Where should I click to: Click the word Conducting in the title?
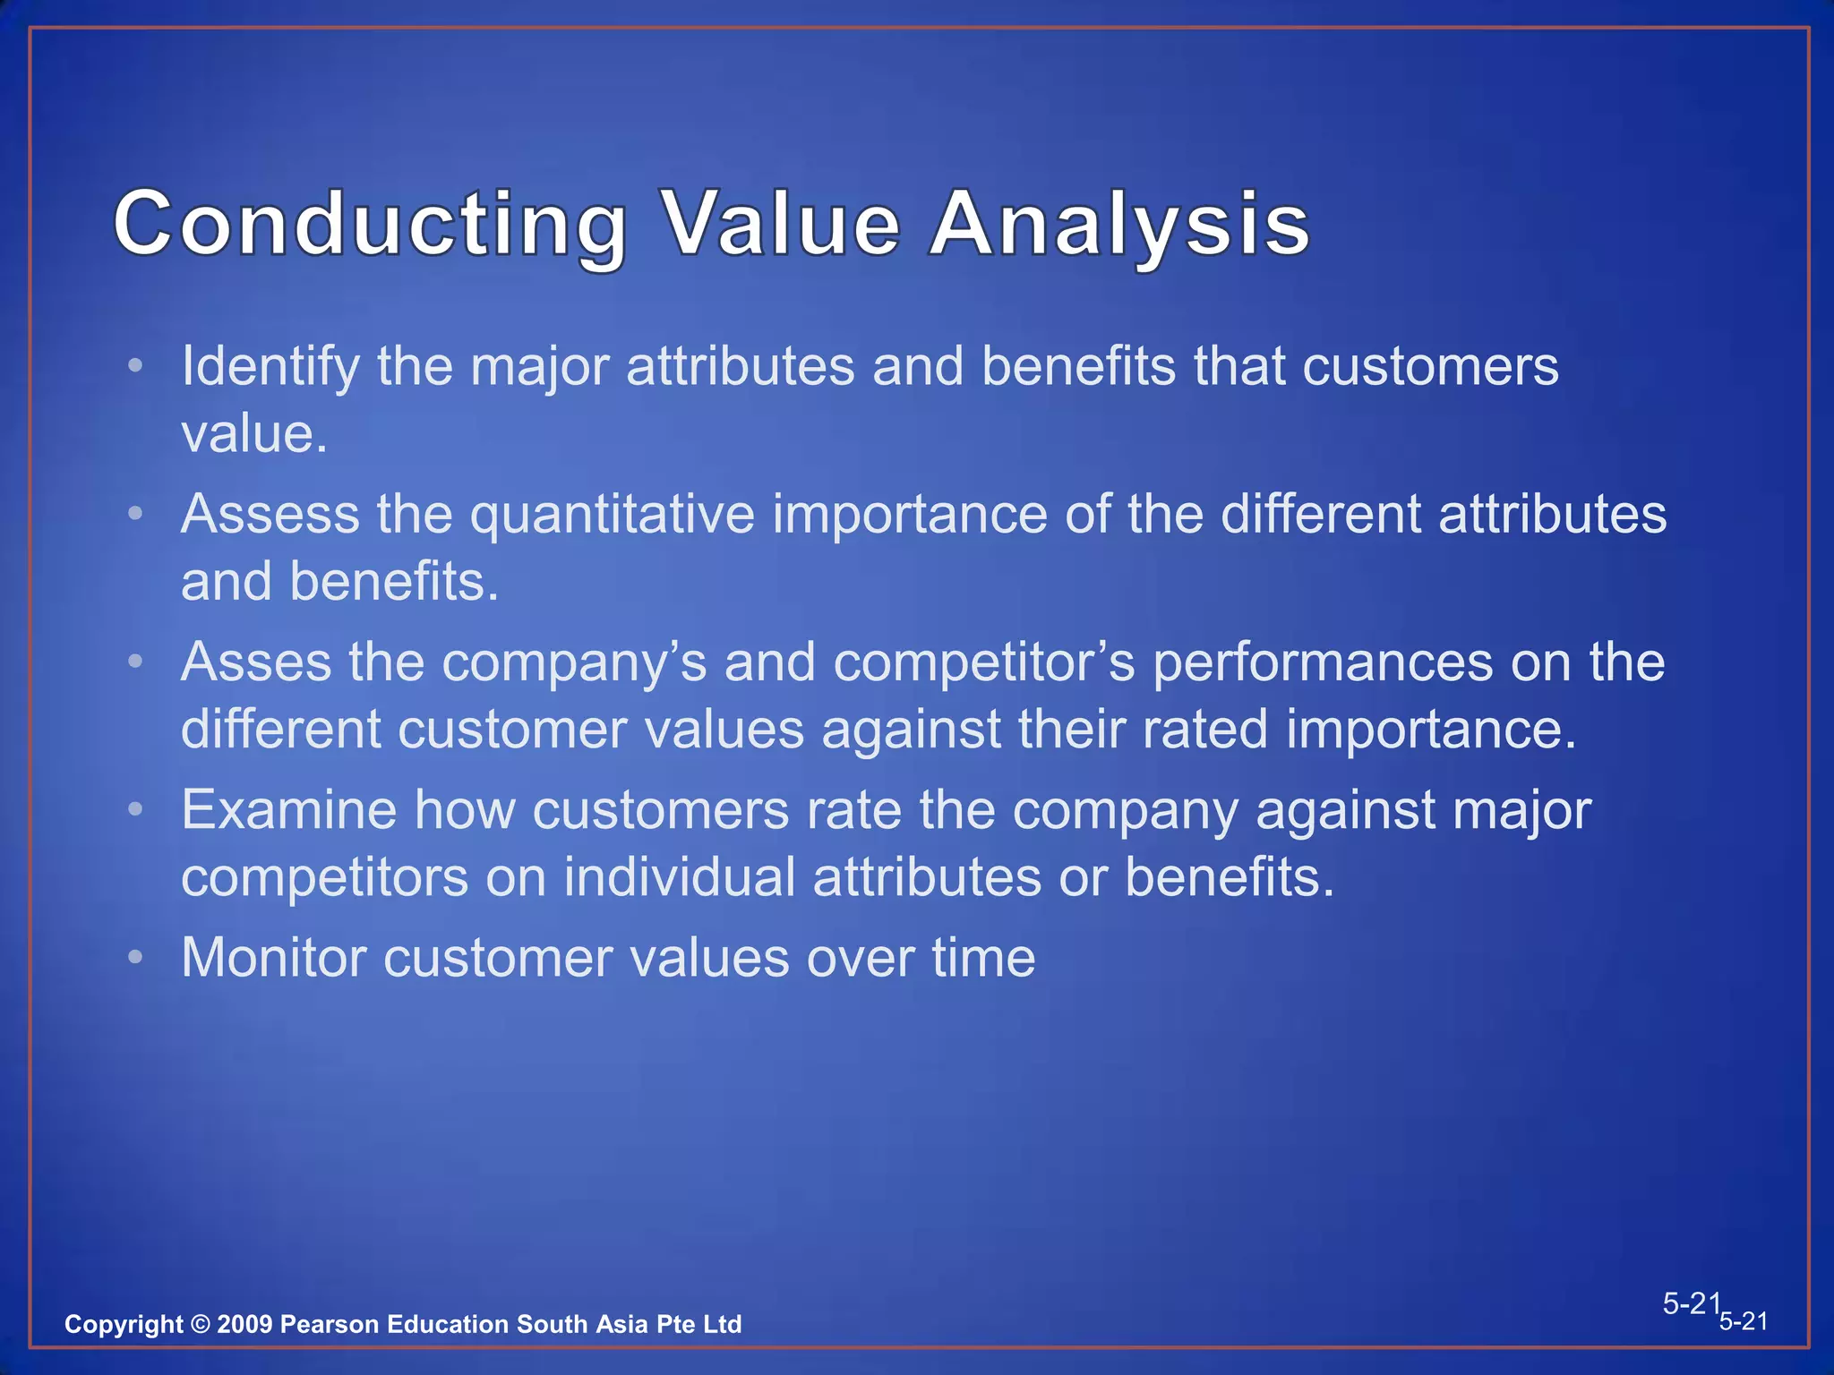pyautogui.click(x=370, y=225)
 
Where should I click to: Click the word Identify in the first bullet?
pyautogui.click(x=270, y=367)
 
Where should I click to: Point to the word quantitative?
pyautogui.click(x=613, y=517)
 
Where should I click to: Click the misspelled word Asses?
pyautogui.click(x=256, y=662)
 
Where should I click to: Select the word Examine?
pyautogui.click(x=288, y=810)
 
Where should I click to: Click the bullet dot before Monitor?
pyautogui.click(x=135, y=957)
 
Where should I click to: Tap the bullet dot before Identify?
pyautogui.click(x=135, y=365)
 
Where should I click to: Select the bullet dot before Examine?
pyautogui.click(x=135, y=809)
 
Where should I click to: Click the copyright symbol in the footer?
pyautogui.click(x=200, y=1324)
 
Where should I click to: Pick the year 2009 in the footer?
pyautogui.click(x=244, y=1324)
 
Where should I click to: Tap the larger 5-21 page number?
pyautogui.click(x=1692, y=1303)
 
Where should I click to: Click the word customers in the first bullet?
pyautogui.click(x=1430, y=367)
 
